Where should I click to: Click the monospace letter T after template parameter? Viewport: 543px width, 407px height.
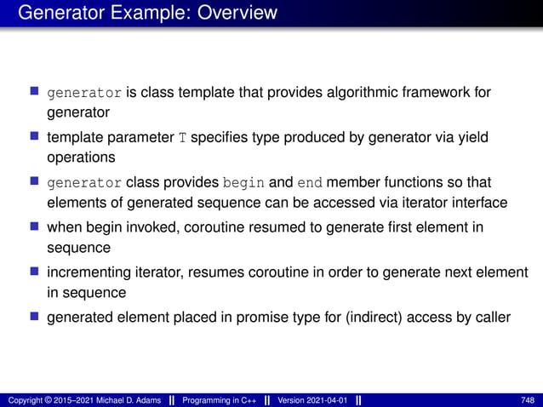(x=181, y=139)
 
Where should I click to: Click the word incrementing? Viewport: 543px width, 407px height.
(x=88, y=272)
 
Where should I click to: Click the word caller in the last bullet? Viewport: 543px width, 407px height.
(x=491, y=318)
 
